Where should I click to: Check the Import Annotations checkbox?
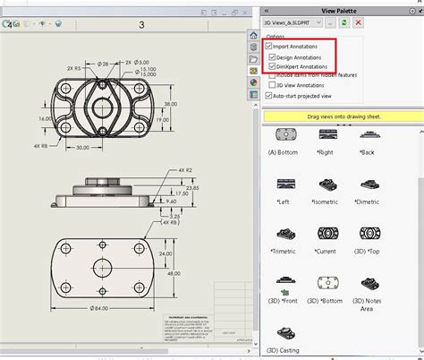coord(270,45)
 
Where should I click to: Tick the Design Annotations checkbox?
coord(276,56)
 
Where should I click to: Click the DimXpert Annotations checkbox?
coord(276,66)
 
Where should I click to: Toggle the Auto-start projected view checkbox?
coord(270,96)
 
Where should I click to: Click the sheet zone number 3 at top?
coord(140,25)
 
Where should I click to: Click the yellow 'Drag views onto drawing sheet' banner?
coord(341,116)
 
